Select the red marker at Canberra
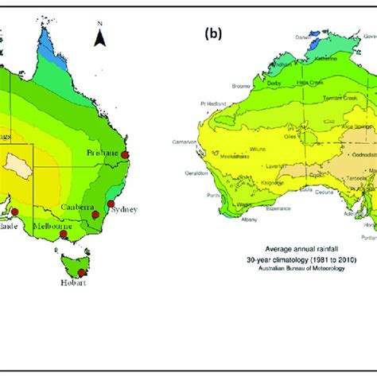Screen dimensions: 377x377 coord(95,215)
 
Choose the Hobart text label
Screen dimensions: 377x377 coord(72,283)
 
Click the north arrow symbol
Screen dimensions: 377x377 coord(99,35)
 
